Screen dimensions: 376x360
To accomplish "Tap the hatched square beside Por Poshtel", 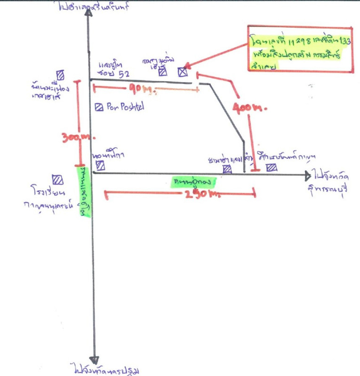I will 99,107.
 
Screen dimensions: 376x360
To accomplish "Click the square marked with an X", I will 183,72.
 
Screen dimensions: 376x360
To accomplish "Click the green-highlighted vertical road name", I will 86,188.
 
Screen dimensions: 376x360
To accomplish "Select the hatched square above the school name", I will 57,179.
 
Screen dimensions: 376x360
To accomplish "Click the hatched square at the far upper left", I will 60,75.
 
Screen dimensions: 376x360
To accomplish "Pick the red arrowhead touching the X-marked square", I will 187,66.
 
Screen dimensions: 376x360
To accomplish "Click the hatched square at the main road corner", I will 100,165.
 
